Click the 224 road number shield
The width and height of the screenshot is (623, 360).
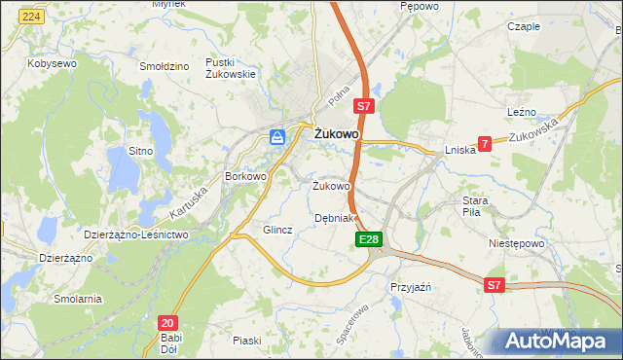pyautogui.click(x=32, y=18)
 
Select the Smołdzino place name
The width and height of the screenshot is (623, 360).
pyautogui.click(x=164, y=66)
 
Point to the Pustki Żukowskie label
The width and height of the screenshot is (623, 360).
pyautogui.click(x=231, y=67)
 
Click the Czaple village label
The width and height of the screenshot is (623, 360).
pyautogui.click(x=524, y=26)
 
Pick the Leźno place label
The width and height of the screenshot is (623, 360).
pyautogui.click(x=522, y=113)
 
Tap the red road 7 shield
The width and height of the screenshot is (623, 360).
pyautogui.click(x=485, y=143)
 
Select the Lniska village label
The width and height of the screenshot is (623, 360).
pyautogui.click(x=459, y=150)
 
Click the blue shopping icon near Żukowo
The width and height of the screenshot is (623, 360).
pyautogui.click(x=277, y=137)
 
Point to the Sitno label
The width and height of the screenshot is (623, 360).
pyautogui.click(x=142, y=152)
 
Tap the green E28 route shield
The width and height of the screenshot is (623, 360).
pyautogui.click(x=368, y=238)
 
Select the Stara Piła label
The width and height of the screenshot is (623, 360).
pyautogui.click(x=481, y=206)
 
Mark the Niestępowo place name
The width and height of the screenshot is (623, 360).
pyautogui.click(x=515, y=244)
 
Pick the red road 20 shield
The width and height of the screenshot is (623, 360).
pyautogui.click(x=167, y=322)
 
